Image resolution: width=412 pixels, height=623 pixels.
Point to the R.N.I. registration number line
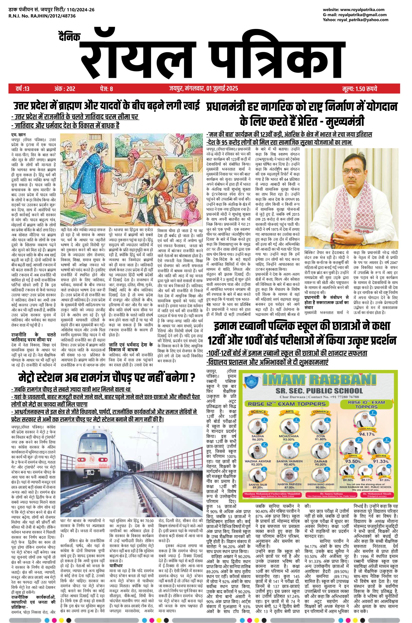tap(42, 16)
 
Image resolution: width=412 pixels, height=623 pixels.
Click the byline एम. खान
tap(18, 135)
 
